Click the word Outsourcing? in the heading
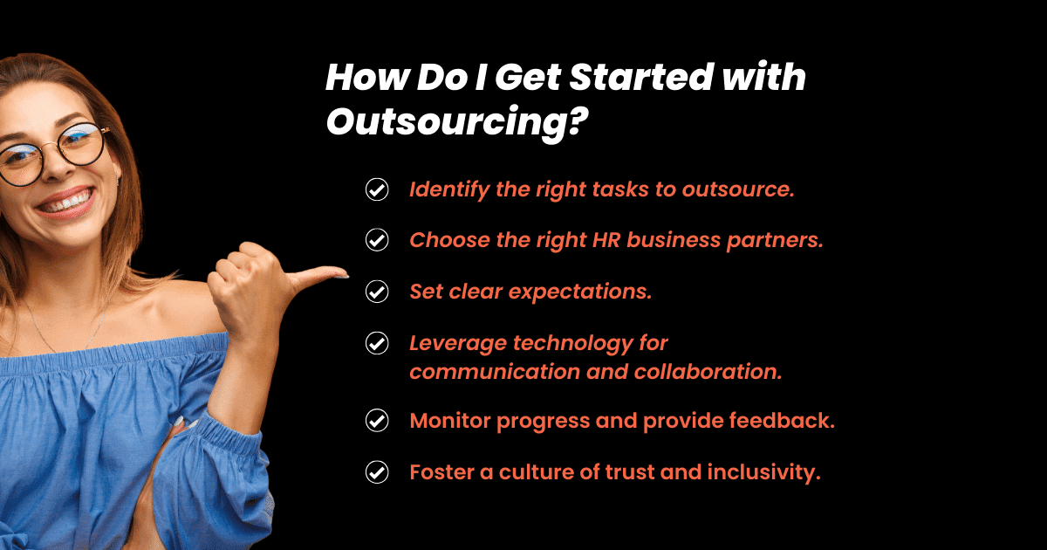456,122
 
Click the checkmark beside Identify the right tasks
377,189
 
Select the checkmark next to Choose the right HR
377,240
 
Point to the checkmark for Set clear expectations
377,292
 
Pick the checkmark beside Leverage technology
377,343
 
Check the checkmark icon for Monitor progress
377,421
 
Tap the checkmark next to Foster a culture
377,472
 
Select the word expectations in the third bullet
580,292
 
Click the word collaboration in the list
708,371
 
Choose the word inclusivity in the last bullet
763,472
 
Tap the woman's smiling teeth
71,203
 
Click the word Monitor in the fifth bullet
450,421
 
